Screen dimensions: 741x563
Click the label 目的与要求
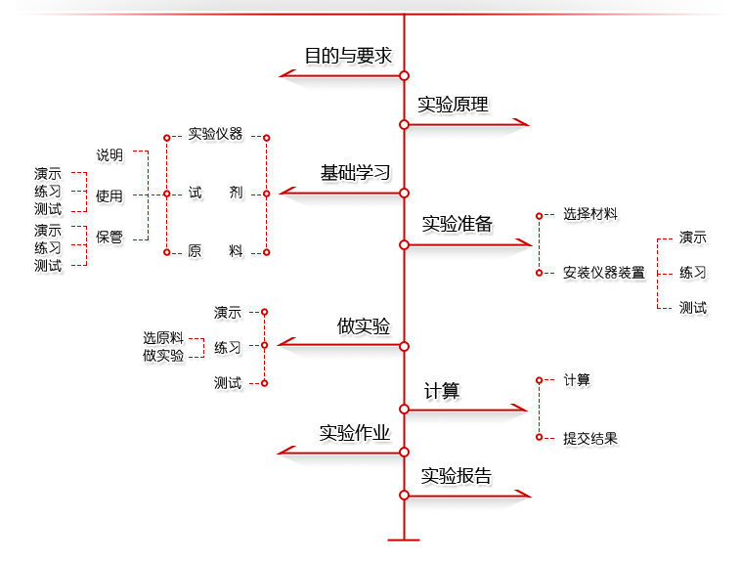tap(348, 56)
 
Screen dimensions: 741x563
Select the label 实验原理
tap(453, 105)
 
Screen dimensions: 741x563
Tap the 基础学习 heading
tap(356, 172)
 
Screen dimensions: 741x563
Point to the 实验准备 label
tap(457, 224)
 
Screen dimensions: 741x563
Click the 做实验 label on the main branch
tap(364, 325)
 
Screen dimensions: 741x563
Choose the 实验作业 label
tap(355, 433)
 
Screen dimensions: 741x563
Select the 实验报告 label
tap(456, 476)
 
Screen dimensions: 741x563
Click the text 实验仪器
tap(215, 134)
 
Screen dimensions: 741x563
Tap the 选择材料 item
tap(590, 214)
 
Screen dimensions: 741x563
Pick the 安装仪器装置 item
tap(604, 273)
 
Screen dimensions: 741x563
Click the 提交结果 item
tap(590, 438)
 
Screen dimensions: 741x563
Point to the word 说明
tap(109, 154)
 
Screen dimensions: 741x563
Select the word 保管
tap(109, 237)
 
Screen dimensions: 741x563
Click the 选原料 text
tap(163, 338)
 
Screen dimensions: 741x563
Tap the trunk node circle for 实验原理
tap(404, 125)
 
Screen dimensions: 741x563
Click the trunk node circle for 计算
tap(404, 409)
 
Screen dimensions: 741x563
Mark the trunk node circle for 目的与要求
tap(404, 75)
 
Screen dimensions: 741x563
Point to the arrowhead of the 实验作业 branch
tap(286, 451)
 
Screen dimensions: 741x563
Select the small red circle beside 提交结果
tap(539, 437)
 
